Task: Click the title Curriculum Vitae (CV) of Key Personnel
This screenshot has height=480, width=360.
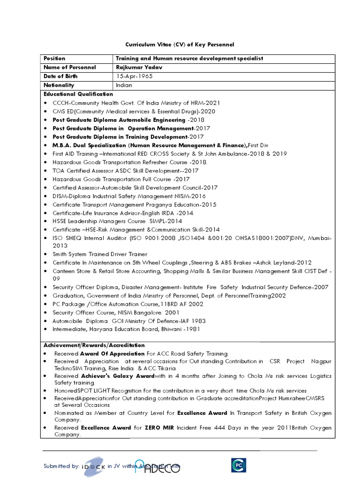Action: click(179, 45)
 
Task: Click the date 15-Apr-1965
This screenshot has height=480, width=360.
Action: click(135, 76)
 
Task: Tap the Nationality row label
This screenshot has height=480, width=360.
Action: click(59, 85)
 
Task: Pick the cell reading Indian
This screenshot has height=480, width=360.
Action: click(124, 85)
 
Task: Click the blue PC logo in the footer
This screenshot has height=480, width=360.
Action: click(238, 465)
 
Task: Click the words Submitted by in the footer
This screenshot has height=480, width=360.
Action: click(61, 466)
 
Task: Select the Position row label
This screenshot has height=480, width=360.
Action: click(54, 59)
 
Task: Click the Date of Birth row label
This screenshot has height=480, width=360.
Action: click(61, 76)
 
